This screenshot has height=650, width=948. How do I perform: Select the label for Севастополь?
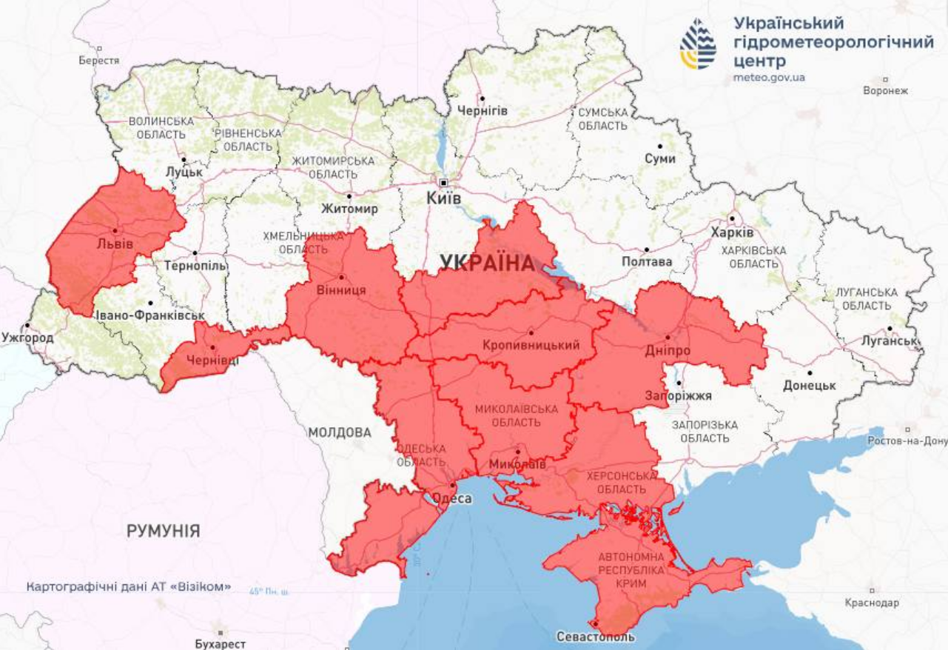coord(596,637)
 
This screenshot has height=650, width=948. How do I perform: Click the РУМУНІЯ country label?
coord(163,531)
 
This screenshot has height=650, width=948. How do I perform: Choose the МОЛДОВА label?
coord(340,432)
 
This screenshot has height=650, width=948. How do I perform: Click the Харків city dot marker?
coord(731,218)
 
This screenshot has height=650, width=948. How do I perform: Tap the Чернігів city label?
coord(483,110)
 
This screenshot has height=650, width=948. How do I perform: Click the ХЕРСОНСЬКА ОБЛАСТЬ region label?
coord(622,483)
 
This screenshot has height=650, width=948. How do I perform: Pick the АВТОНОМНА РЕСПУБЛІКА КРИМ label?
coord(626,569)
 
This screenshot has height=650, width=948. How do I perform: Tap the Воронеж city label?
coord(885,91)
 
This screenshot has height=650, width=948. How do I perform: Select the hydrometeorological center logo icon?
coord(699,44)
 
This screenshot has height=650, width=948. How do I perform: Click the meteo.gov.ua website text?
coord(770,77)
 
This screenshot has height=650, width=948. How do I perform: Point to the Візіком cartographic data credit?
coord(129,587)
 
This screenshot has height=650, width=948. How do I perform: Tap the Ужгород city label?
coord(27,338)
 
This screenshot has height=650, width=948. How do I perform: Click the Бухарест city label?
coord(221,643)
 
